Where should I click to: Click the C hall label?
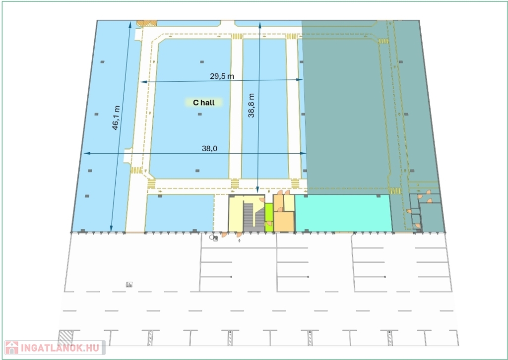[x=204, y=103]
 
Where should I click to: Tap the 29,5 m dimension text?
[x=222, y=76]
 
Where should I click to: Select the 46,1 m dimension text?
[x=116, y=118]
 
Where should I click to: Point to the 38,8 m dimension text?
[x=251, y=105]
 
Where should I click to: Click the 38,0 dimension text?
[x=209, y=149]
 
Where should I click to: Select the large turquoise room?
[x=342, y=213]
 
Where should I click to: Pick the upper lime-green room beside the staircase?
[x=269, y=212]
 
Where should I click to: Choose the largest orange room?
[x=284, y=222]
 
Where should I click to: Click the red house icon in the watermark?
[x=12, y=348]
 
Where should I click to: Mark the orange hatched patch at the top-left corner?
[x=146, y=23]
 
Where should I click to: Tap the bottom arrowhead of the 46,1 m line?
[x=111, y=229]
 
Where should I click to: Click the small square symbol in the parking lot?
[x=129, y=285]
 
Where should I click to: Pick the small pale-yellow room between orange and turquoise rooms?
[x=289, y=203]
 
